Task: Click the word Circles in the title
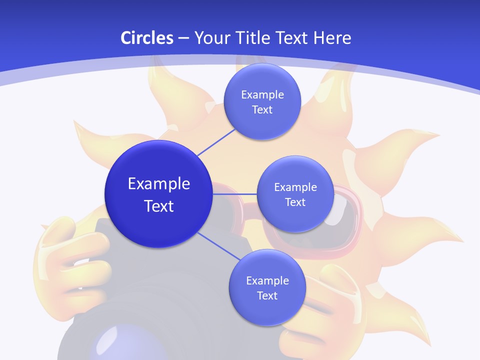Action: coord(146,38)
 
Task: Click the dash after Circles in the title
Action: coord(183,38)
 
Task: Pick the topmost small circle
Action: coord(262,101)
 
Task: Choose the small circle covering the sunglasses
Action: coord(295,194)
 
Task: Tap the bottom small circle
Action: coord(267,287)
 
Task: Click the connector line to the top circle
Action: coord(217,141)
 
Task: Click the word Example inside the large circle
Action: coord(159,184)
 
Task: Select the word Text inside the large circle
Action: coord(159,206)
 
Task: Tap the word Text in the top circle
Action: coord(262,110)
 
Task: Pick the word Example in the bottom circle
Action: coord(267,280)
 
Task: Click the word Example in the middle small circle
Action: coord(295,187)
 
